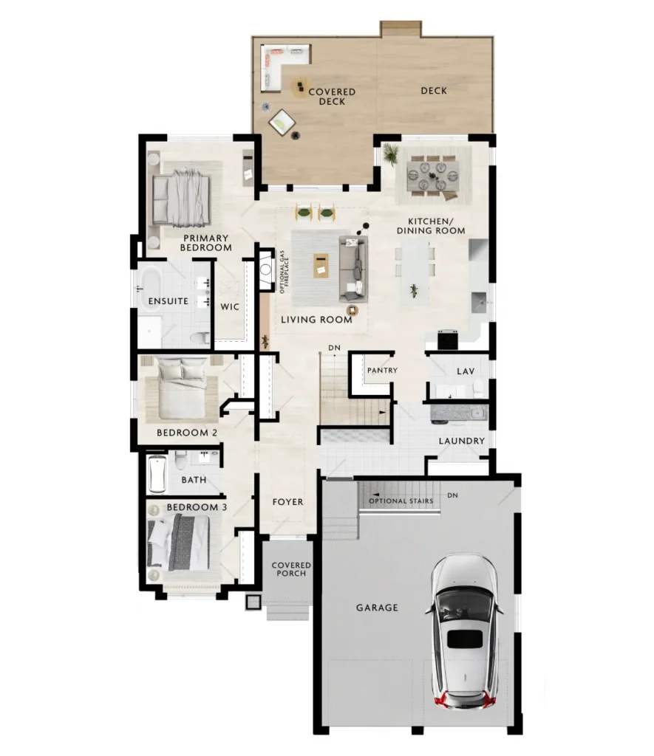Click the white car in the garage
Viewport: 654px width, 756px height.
[x=464, y=632]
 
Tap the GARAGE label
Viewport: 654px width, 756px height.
[x=377, y=608]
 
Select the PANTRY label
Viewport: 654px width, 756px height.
[x=382, y=371]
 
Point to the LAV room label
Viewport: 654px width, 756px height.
[x=466, y=371]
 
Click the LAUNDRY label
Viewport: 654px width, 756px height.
[x=461, y=441]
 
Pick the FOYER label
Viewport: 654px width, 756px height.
[x=287, y=502]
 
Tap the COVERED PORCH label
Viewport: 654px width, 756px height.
[x=291, y=569]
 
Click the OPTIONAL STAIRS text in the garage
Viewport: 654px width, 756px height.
[x=401, y=501]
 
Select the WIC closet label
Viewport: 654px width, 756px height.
[x=230, y=306]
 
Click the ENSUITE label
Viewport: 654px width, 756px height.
[x=168, y=301]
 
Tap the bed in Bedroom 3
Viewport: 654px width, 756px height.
[x=179, y=543]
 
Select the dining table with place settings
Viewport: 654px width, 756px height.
[x=433, y=176]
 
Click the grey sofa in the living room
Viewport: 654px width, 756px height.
[x=352, y=269]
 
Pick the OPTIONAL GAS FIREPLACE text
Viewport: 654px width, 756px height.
[x=284, y=272]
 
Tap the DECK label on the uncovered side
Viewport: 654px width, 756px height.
[x=434, y=91]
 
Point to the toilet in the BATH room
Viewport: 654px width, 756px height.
[x=180, y=460]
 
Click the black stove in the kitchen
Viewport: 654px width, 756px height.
[x=447, y=339]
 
